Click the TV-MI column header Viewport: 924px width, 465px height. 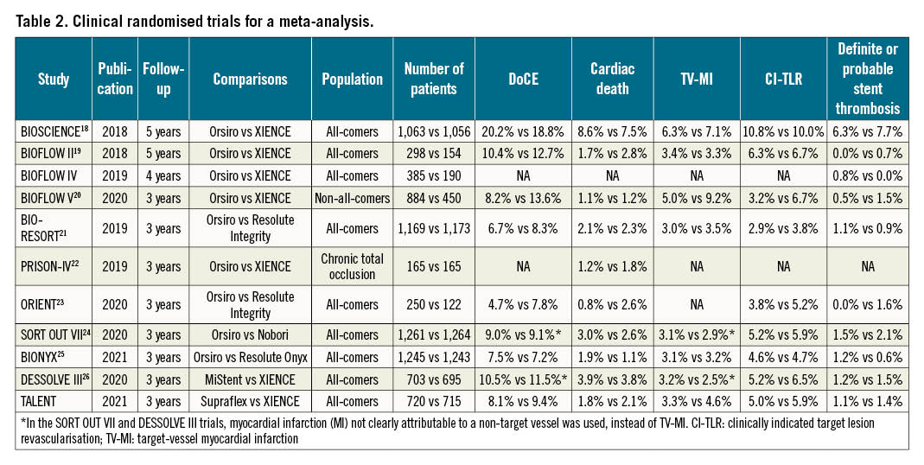[x=698, y=79]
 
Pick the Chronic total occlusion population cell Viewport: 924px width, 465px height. [x=352, y=267]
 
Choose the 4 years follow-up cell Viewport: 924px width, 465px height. [x=162, y=175]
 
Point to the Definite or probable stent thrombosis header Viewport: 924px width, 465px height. [x=867, y=79]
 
